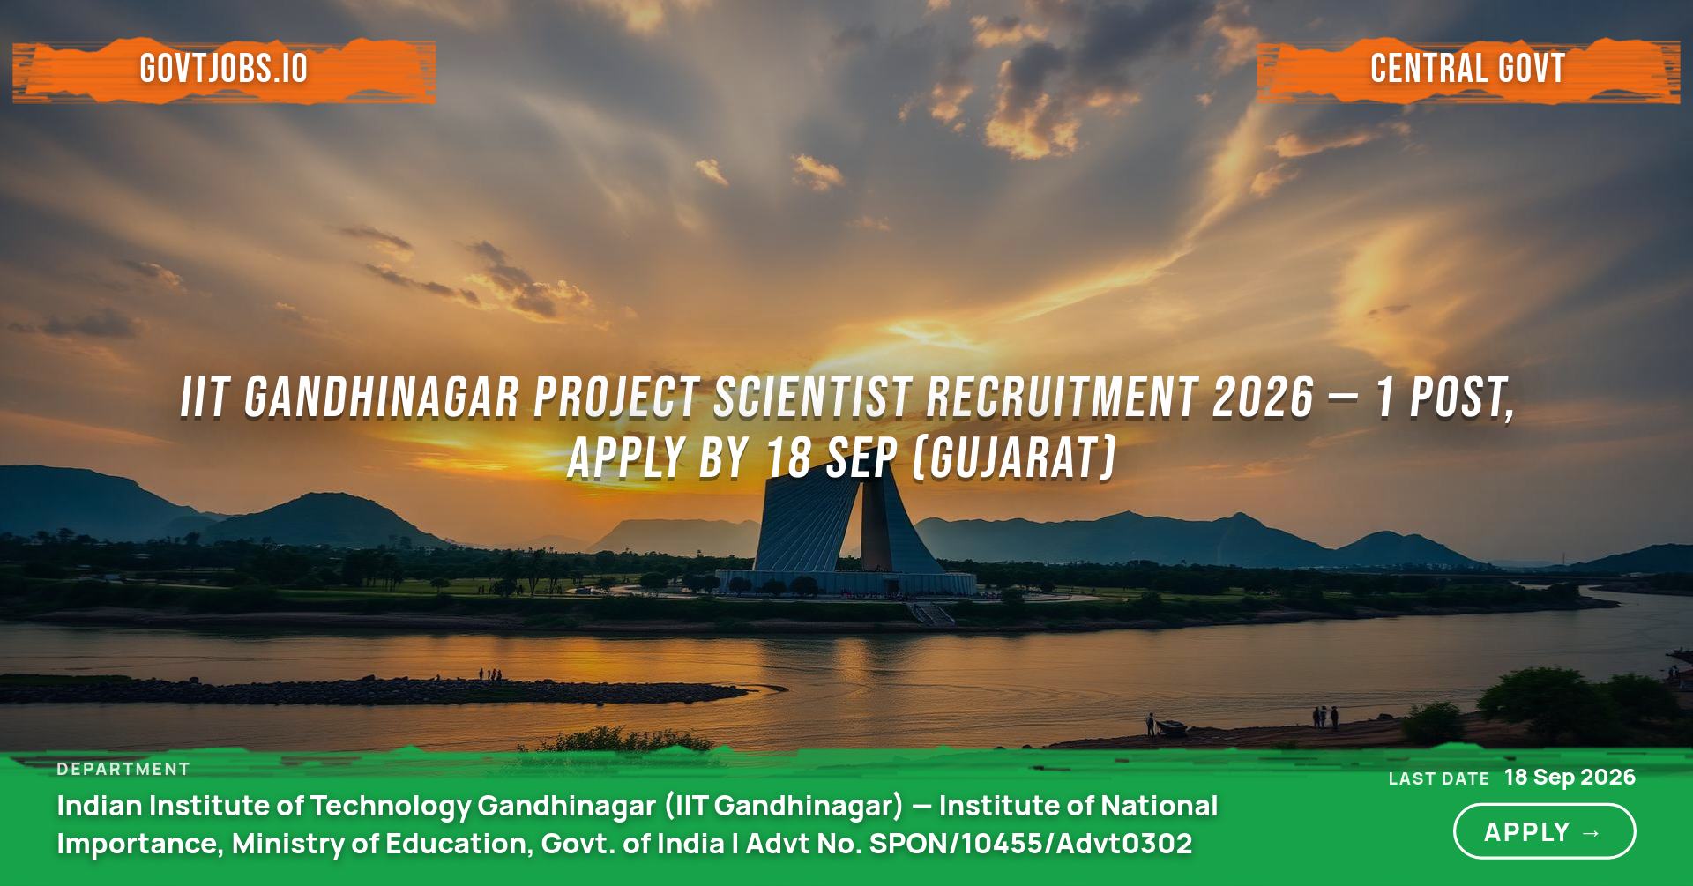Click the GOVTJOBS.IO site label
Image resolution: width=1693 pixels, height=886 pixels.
pyautogui.click(x=224, y=69)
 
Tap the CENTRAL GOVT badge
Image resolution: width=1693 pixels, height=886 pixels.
pyautogui.click(x=1468, y=69)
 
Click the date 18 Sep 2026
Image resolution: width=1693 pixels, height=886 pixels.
pyautogui.click(x=1570, y=777)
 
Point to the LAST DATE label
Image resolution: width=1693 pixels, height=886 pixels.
pyautogui.click(x=1438, y=778)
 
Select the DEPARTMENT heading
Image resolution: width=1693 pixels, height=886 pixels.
pyautogui.click(x=123, y=769)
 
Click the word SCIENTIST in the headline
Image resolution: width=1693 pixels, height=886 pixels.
pyautogui.click(x=812, y=397)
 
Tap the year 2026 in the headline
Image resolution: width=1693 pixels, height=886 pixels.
pyautogui.click(x=1263, y=397)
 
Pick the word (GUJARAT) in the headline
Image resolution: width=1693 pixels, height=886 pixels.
pyautogui.click(x=1015, y=458)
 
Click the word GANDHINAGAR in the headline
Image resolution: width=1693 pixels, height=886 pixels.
pyautogui.click(x=382, y=397)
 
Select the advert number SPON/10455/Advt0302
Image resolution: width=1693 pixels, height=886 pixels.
pyautogui.click(x=1031, y=844)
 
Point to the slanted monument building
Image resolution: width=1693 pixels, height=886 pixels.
pyautogui.click(x=846, y=529)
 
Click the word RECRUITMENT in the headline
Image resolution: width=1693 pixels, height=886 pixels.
pyautogui.click(x=1062, y=397)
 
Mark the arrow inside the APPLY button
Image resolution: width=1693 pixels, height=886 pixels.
pyautogui.click(x=1592, y=832)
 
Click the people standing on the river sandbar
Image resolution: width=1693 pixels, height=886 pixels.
pyautogui.click(x=491, y=674)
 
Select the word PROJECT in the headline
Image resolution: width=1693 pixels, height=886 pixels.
pyautogui.click(x=616, y=397)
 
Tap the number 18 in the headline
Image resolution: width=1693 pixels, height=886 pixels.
pyautogui.click(x=788, y=458)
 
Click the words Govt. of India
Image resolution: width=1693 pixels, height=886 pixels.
pyautogui.click(x=632, y=844)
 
